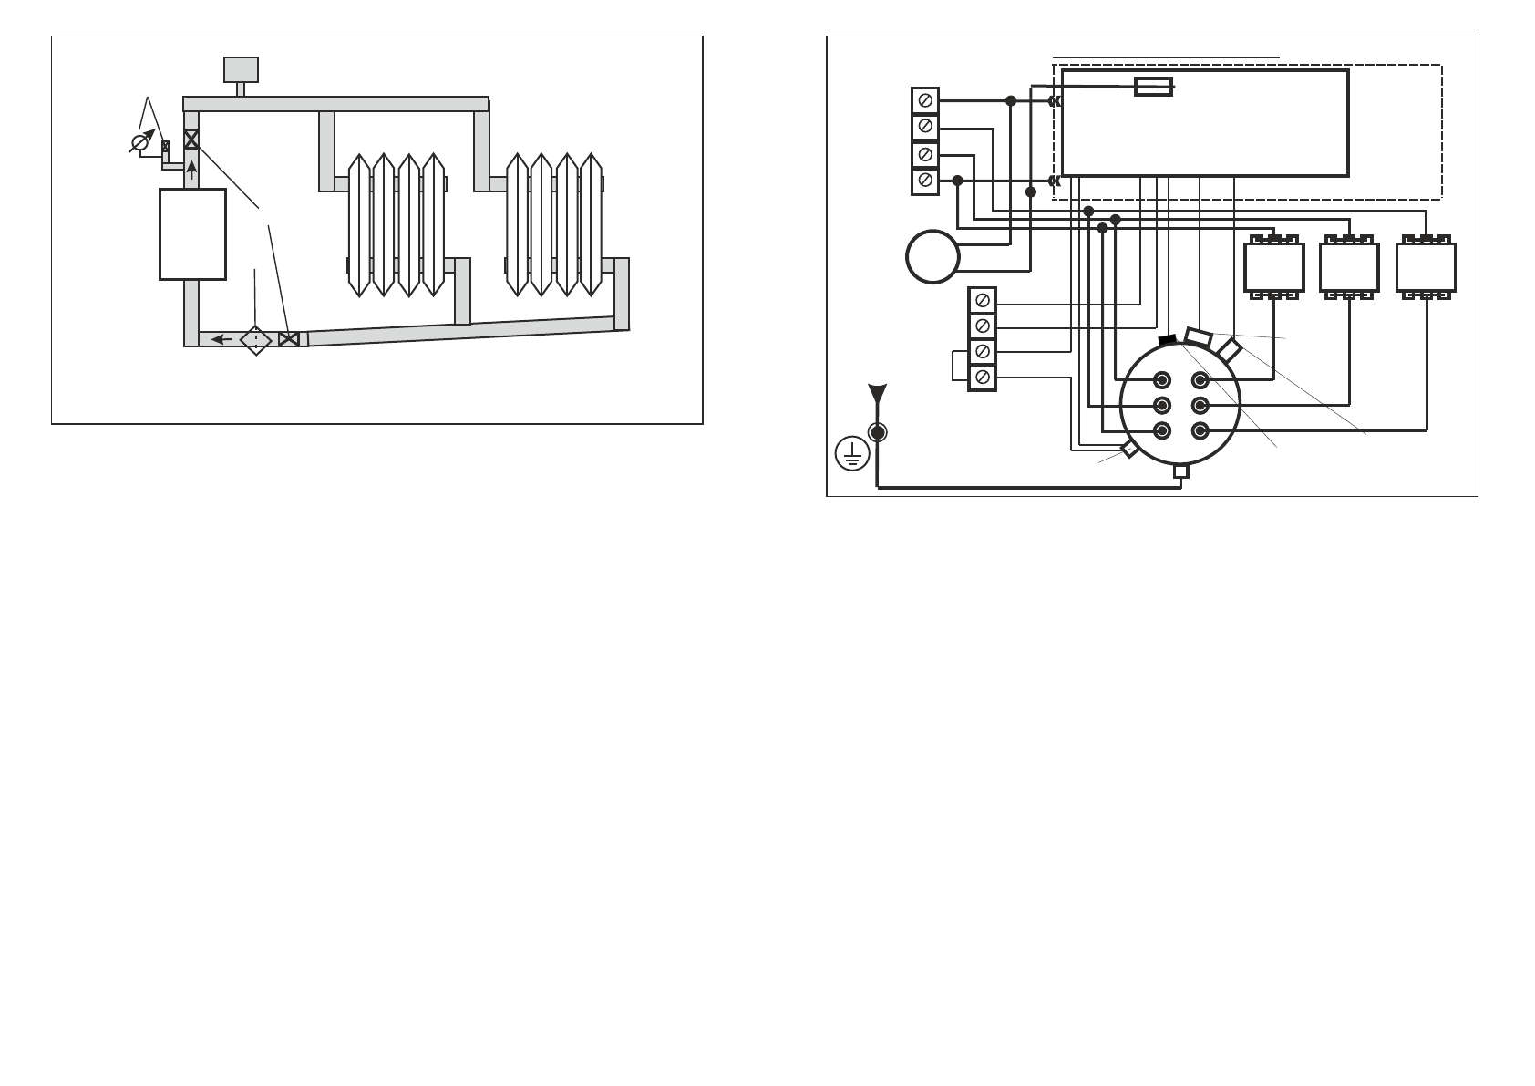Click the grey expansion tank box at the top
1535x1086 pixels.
(241, 69)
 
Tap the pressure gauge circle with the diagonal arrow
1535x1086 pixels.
(141, 143)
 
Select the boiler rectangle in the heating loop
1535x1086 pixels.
(192, 233)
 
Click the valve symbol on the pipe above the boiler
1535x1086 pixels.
(191, 140)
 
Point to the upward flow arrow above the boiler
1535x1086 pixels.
(191, 169)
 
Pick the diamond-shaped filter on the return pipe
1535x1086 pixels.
(256, 339)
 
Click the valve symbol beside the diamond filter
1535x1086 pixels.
(288, 339)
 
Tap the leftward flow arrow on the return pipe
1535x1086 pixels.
(221, 339)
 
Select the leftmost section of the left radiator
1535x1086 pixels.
(359, 224)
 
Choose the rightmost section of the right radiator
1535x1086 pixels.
(592, 224)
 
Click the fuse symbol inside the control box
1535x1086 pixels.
(1153, 87)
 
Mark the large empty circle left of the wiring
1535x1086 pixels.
(932, 256)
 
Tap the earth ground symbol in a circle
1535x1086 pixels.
(852, 453)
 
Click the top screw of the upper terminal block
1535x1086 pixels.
(925, 100)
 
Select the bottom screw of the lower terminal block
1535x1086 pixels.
(982, 377)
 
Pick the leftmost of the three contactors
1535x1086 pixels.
(1274, 266)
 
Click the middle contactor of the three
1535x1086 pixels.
(1349, 266)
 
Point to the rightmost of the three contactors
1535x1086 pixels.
(1426, 266)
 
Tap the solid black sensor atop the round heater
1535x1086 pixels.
(1167, 340)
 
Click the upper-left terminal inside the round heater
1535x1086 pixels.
(1162, 380)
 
